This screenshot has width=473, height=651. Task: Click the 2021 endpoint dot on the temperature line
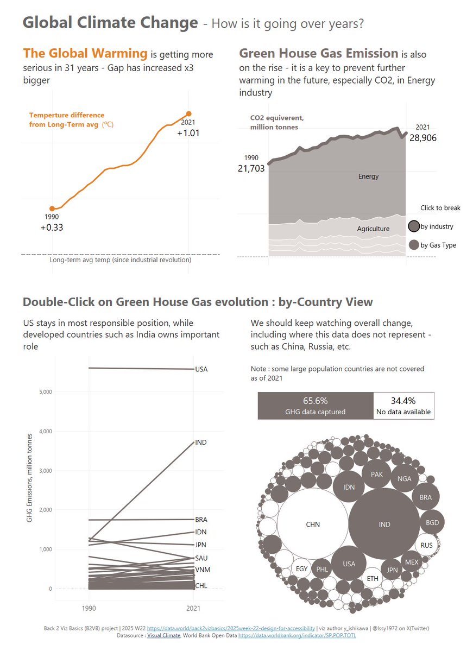point(188,114)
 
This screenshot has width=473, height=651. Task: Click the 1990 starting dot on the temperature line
point(52,208)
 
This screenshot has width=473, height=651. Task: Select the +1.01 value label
point(188,133)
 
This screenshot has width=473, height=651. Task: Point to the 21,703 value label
point(251,168)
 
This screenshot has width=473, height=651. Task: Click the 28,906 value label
point(423,138)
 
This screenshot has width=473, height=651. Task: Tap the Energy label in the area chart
point(369,176)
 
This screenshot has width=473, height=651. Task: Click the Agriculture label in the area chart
point(373,229)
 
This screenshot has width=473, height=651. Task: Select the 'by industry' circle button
point(414,226)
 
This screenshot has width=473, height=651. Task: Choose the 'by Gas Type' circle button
point(414,245)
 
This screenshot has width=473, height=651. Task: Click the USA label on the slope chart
point(201,370)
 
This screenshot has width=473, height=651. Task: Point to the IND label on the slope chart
point(200,443)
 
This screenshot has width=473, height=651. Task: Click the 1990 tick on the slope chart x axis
point(88,608)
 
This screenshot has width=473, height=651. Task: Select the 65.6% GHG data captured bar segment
point(316,406)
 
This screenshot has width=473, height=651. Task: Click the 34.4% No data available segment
point(403,406)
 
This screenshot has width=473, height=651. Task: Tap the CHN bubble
point(313,524)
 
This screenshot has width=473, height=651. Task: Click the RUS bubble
point(427,545)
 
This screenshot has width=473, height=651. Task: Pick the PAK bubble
point(377,474)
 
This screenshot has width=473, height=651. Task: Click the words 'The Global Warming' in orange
point(85,53)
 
